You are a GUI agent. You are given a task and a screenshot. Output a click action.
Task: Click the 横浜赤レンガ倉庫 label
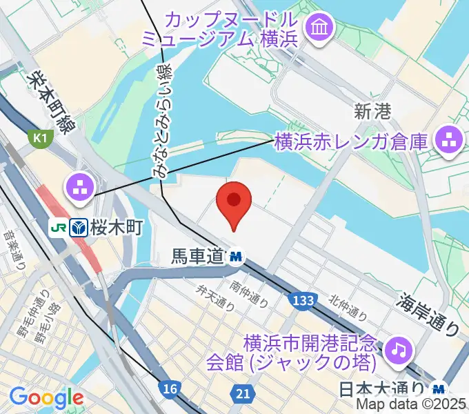[351, 143]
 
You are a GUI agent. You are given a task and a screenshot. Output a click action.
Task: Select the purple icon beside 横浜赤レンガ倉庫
[448, 141]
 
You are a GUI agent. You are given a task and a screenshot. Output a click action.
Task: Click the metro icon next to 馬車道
[237, 257]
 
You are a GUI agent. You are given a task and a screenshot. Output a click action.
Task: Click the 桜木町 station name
[117, 227]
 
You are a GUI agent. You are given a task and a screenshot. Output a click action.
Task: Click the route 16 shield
[170, 389]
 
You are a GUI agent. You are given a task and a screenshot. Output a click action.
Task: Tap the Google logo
[46, 397]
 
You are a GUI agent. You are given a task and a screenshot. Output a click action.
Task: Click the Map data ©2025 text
[410, 405]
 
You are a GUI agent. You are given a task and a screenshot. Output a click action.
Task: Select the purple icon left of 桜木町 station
[80, 186]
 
